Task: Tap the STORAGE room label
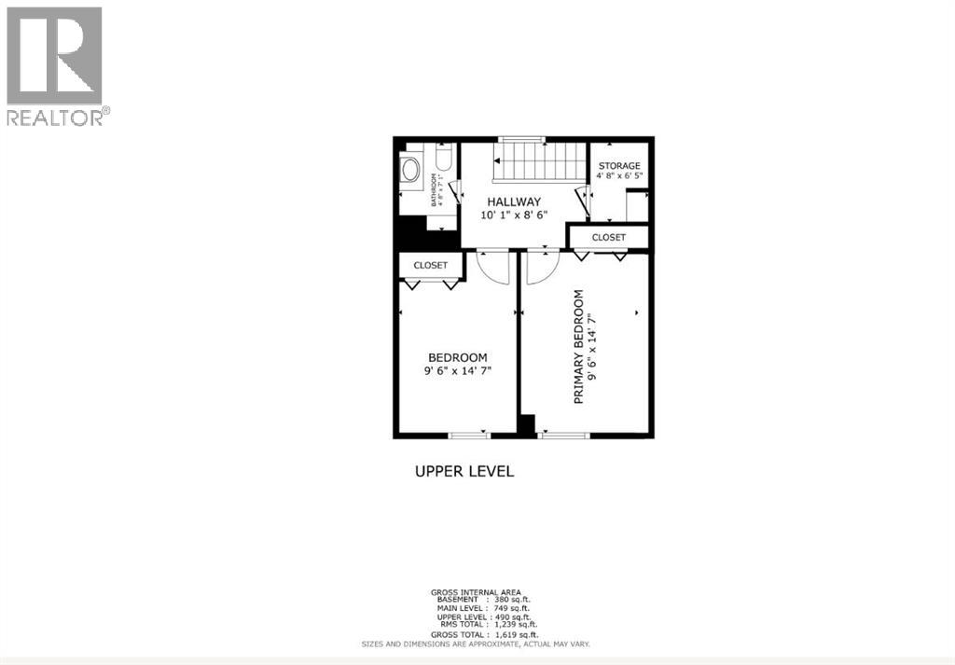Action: point(619,166)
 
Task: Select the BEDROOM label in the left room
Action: point(457,357)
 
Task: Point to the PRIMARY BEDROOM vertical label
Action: point(579,346)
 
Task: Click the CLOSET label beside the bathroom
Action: point(430,265)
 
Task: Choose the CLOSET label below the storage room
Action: point(608,238)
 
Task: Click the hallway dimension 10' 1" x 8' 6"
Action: point(513,215)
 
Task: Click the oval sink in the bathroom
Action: point(410,171)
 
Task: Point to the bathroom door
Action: point(456,192)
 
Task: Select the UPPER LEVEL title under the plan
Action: point(464,471)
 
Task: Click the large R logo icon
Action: point(54,55)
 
